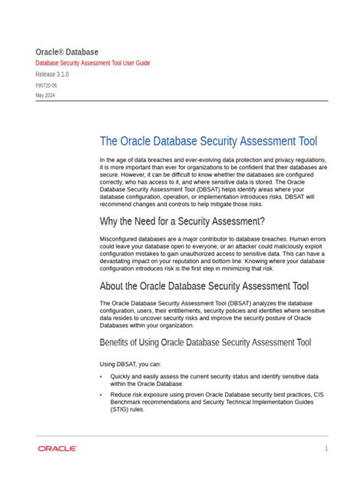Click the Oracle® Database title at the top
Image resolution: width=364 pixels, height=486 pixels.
point(69,51)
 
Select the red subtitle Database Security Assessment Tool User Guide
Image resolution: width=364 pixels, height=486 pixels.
point(92,62)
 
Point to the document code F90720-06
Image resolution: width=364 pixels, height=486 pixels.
point(46,85)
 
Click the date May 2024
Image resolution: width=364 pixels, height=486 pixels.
point(45,95)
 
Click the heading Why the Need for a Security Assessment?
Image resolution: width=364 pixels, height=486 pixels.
point(182,221)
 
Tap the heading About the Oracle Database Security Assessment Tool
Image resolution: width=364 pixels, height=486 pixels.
point(194,286)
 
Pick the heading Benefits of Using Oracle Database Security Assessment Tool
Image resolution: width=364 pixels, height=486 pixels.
point(205,342)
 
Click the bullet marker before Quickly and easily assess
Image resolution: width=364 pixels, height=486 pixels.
point(101,377)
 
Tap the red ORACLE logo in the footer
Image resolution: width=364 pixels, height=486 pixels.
point(57,448)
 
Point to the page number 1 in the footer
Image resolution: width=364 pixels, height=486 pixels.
point(326,448)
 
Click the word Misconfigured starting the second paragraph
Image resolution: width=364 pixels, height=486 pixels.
point(120,240)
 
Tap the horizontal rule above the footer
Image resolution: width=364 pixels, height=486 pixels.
point(182,436)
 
